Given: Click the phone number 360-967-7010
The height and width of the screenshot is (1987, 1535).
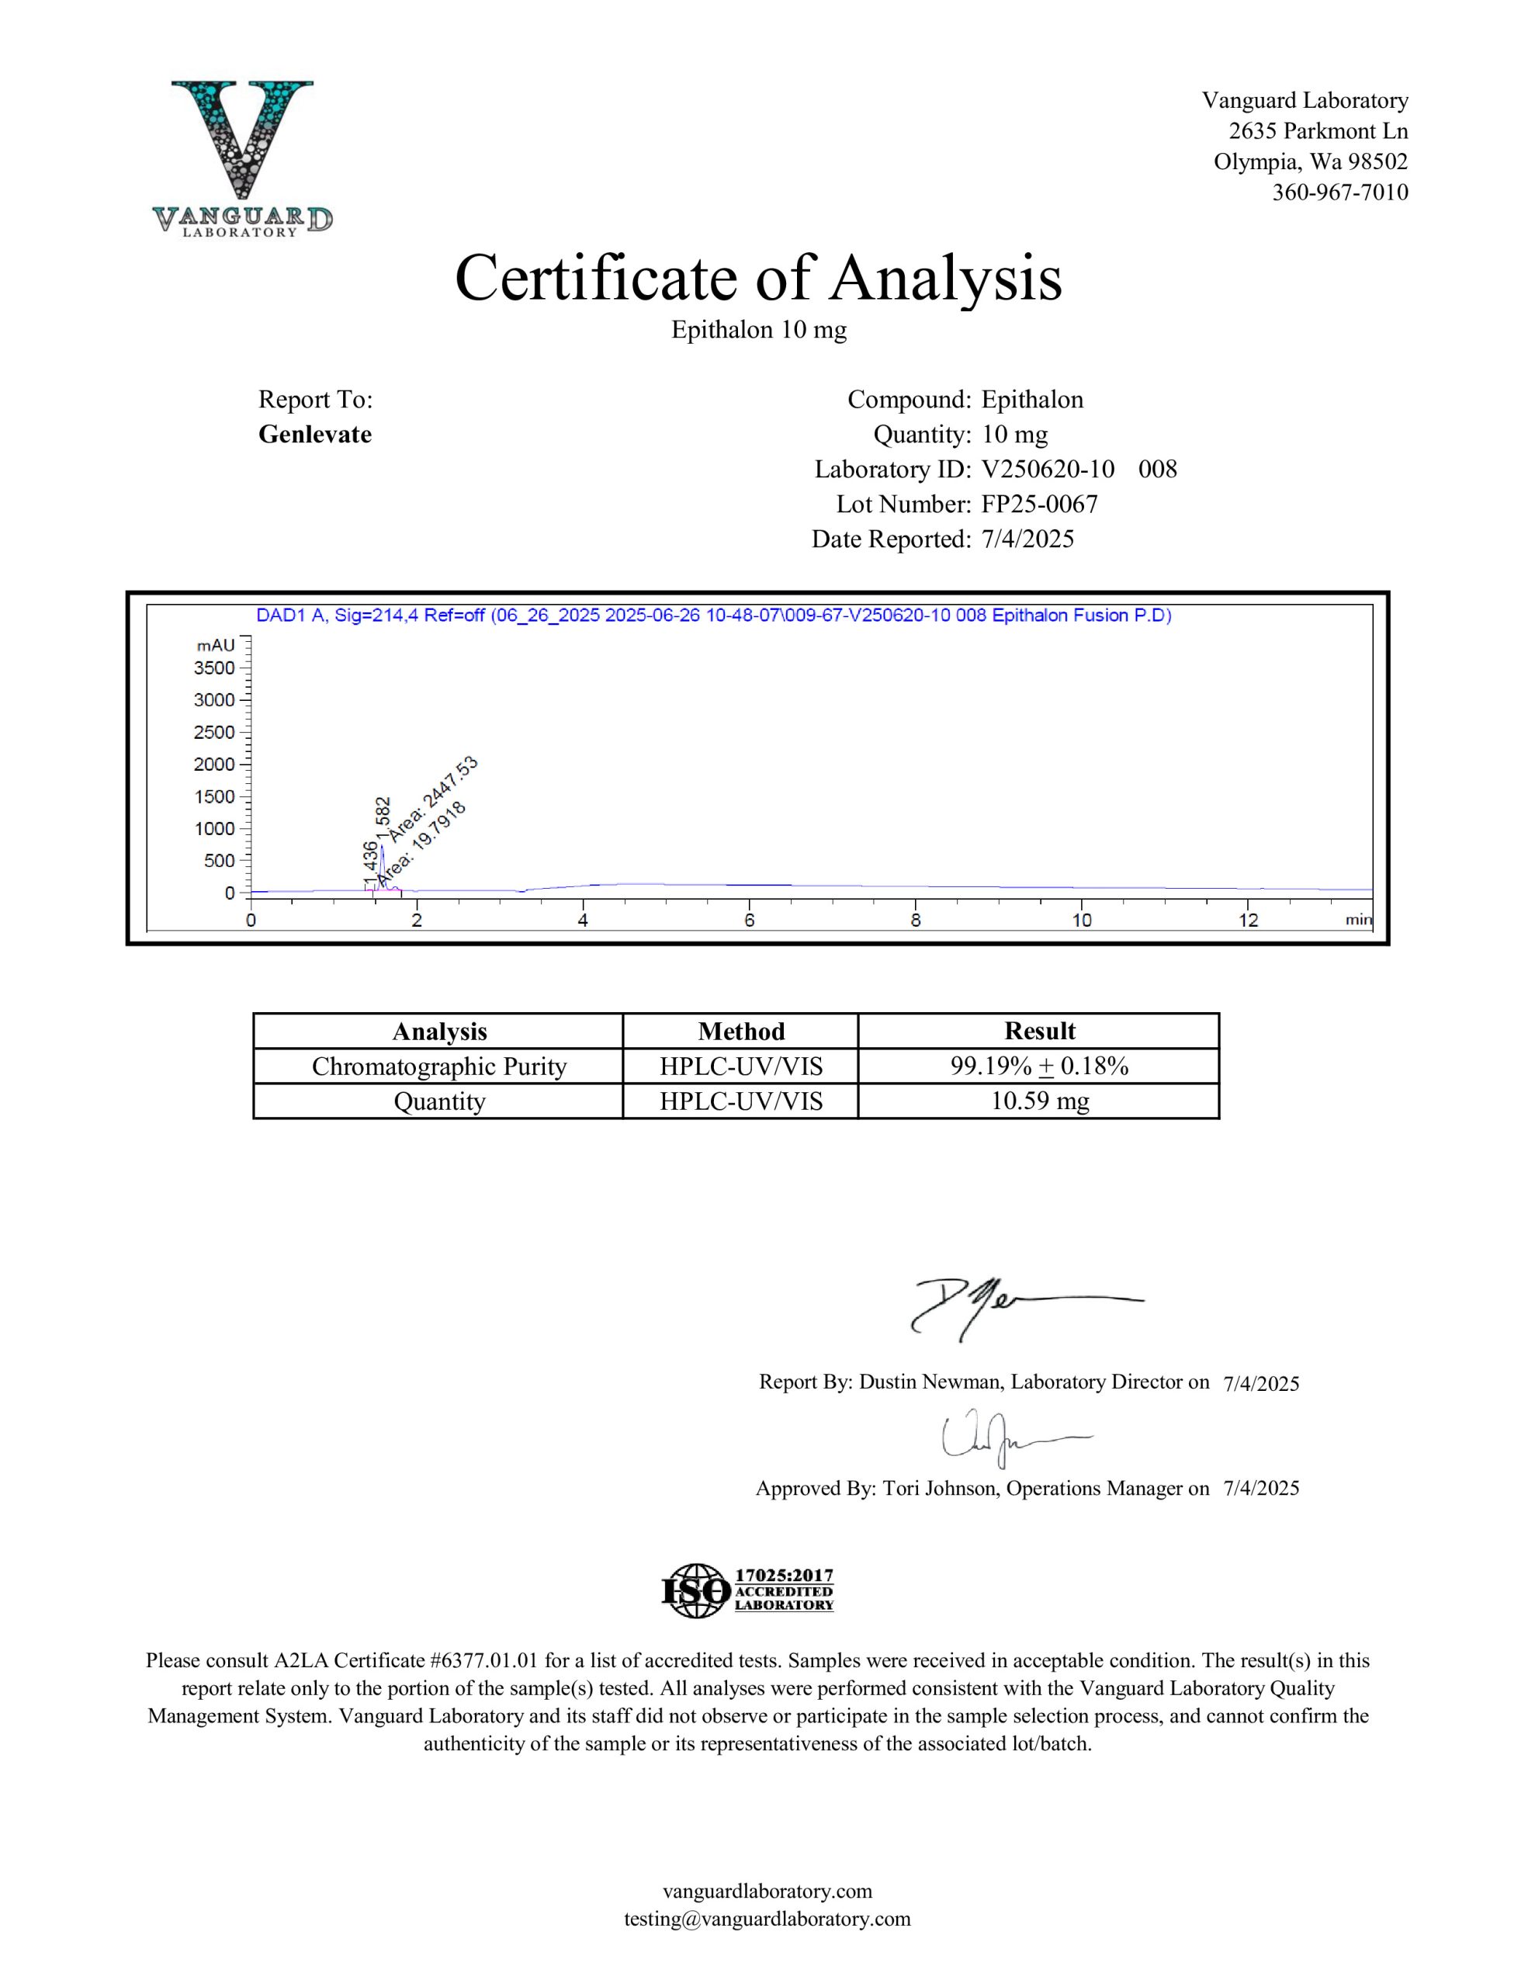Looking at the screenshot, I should [x=1339, y=192].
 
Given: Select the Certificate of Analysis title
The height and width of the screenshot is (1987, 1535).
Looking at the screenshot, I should [x=758, y=278].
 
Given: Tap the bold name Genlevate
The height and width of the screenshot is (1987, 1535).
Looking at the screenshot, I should [x=315, y=435].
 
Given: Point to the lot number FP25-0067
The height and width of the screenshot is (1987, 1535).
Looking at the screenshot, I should [x=1040, y=504].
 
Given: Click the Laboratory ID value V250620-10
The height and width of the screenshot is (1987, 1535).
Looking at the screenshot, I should [x=1048, y=470].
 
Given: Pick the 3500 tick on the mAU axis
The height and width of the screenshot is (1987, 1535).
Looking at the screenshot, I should [x=214, y=668].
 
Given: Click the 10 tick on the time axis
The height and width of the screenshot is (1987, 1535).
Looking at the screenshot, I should [x=1081, y=921].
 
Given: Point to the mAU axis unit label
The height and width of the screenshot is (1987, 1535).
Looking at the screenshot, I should [x=216, y=645].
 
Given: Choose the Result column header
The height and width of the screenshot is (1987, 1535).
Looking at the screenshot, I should [x=1038, y=1031].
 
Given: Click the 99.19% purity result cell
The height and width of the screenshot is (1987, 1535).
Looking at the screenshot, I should [x=1038, y=1066].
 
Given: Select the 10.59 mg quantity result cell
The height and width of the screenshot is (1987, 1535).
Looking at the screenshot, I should [x=1038, y=1101].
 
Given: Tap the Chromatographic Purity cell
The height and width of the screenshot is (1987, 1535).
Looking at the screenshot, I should [x=438, y=1066].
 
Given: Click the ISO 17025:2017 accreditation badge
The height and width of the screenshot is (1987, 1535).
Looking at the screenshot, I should [x=747, y=1590].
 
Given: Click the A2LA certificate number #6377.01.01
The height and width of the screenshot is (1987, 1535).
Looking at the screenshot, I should [x=487, y=1660].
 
